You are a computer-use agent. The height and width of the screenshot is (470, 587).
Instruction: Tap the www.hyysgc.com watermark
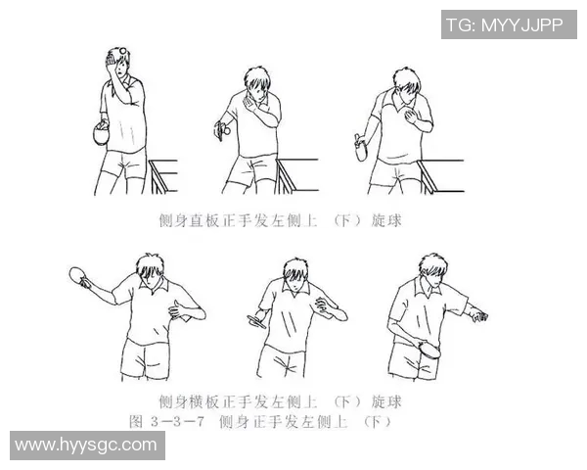coord(87,445)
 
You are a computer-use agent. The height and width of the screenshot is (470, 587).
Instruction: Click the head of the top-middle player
coord(255,83)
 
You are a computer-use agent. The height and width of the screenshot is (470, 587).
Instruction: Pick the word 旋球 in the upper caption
coord(386,222)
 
